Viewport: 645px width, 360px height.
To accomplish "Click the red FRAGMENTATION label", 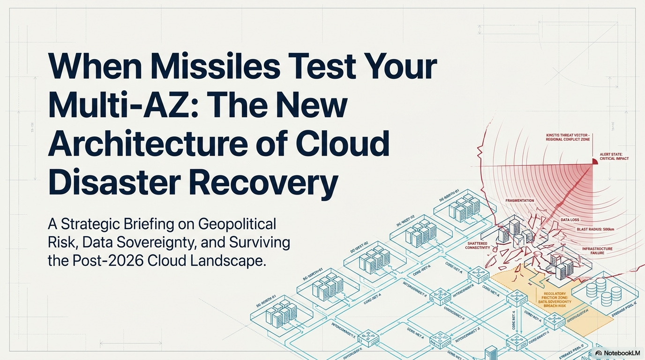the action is click(x=520, y=201).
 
